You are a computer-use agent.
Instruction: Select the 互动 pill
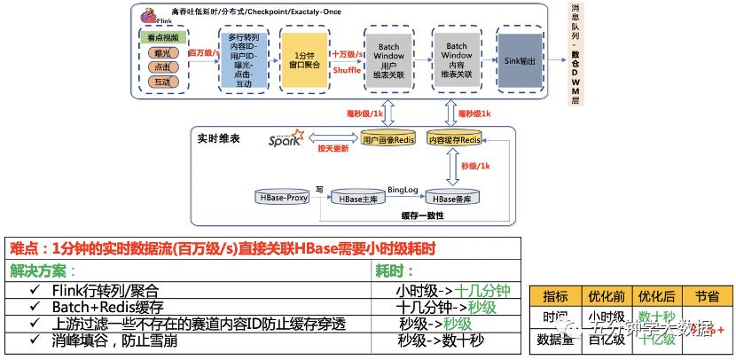tap(162, 81)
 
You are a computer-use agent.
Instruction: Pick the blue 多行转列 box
tap(244, 59)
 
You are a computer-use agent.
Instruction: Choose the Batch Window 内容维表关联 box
tap(457, 59)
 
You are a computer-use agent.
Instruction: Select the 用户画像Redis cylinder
tap(385, 139)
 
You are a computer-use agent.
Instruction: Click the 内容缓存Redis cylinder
tap(455, 139)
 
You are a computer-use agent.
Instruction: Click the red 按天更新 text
tap(333, 148)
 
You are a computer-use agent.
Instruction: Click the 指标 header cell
tap(555, 296)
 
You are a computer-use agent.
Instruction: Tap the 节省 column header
tap(707, 296)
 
